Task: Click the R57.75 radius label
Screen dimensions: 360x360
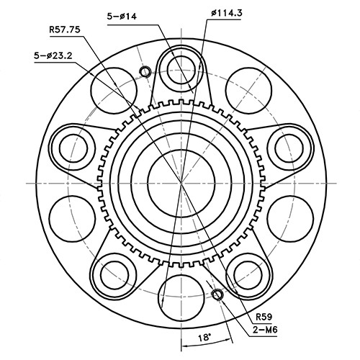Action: (65, 30)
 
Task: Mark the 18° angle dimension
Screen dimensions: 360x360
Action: (204, 336)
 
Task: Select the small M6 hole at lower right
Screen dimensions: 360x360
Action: (217, 294)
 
